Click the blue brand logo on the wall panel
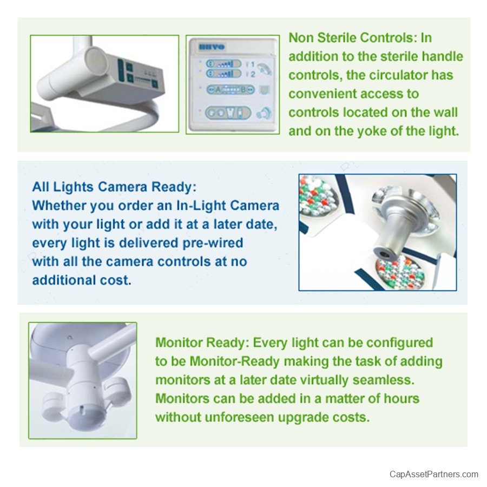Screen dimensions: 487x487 point(212,47)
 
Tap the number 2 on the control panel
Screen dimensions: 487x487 point(253,74)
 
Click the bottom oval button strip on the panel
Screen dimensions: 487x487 point(228,113)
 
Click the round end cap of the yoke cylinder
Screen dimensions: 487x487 point(97,61)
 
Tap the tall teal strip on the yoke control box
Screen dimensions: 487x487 point(121,70)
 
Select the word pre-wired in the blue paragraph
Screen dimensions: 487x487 point(213,243)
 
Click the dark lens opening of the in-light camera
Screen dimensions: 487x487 point(385,254)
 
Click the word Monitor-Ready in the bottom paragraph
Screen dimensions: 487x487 point(235,361)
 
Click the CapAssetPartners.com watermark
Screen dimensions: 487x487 point(433,474)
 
